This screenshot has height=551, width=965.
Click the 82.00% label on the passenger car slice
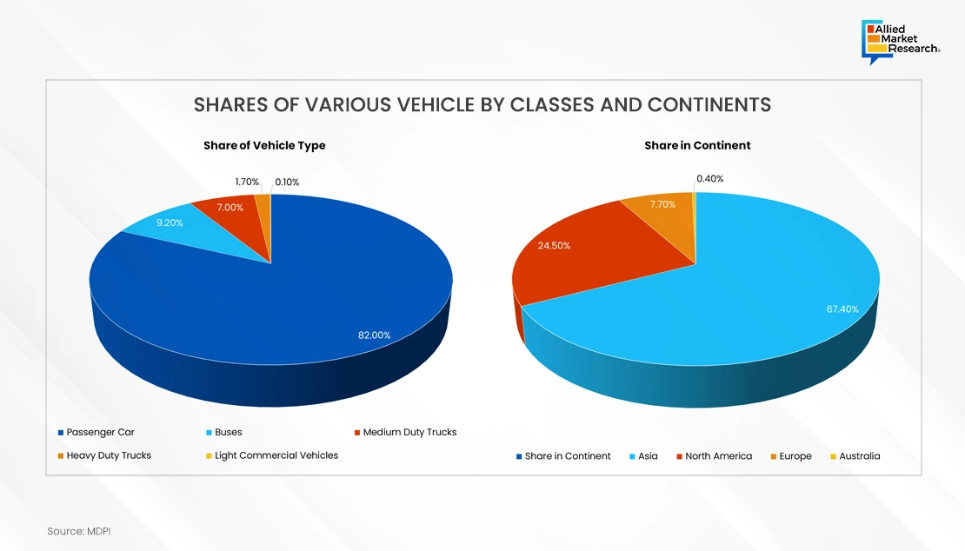click(x=375, y=335)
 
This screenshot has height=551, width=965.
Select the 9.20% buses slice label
click(x=170, y=222)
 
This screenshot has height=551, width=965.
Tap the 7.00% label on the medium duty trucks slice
click(x=230, y=208)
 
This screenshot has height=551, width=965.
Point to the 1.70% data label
click(x=247, y=182)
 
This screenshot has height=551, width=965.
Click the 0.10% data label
click(x=287, y=182)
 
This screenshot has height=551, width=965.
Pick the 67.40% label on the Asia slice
click(x=842, y=309)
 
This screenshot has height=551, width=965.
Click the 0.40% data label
click(x=709, y=179)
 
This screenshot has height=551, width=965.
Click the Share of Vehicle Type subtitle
click(x=264, y=145)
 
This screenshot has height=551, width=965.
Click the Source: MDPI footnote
click(x=79, y=530)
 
